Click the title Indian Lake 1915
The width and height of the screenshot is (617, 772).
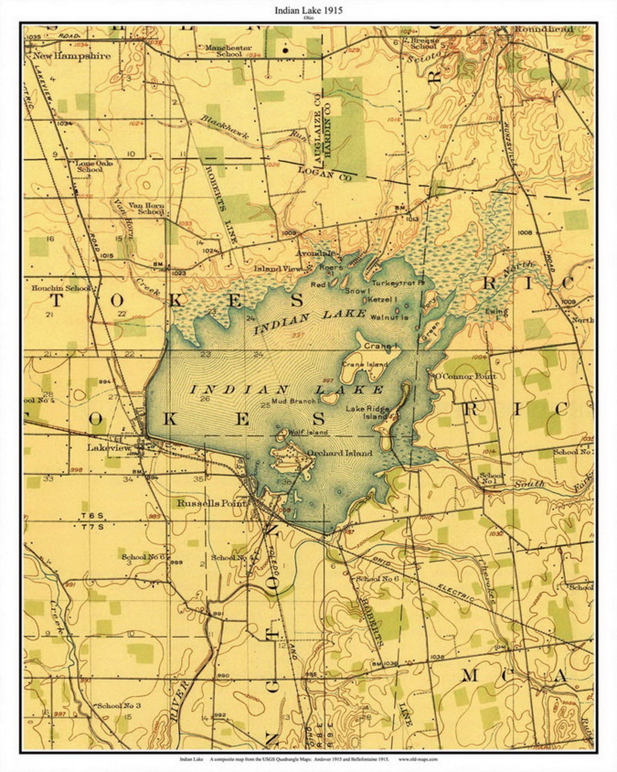click(x=308, y=10)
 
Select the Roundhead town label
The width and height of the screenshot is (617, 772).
click(x=543, y=29)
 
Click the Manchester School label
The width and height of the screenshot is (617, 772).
click(x=229, y=51)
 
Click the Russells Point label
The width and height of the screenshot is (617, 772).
click(x=212, y=503)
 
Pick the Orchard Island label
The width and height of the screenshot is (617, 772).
click(x=340, y=453)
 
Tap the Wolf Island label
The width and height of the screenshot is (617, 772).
click(x=308, y=432)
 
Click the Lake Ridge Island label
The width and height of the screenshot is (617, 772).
click(x=367, y=412)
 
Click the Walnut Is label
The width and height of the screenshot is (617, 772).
click(x=389, y=317)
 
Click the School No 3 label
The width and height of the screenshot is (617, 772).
click(x=119, y=705)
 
